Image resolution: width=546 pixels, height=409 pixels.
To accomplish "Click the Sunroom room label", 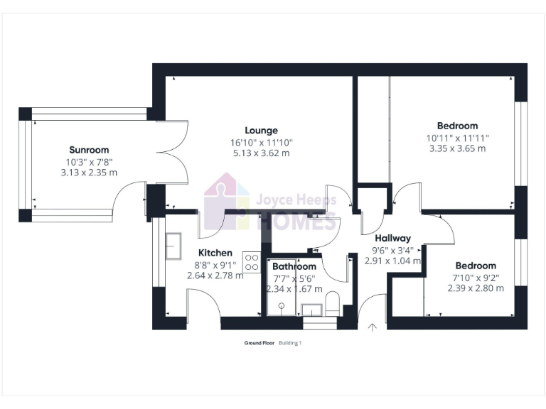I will [89, 150].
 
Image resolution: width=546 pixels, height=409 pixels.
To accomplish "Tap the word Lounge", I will [261, 131].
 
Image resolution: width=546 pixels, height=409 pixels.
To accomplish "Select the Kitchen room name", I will [215, 253].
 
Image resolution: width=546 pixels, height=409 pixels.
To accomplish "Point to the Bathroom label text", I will [294, 266].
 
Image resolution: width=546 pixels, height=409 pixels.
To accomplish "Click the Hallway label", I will [393, 239].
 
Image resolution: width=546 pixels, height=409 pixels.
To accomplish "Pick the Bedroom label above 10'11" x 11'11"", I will [457, 126].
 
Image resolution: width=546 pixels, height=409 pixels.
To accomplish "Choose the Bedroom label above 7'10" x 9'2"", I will [476, 266].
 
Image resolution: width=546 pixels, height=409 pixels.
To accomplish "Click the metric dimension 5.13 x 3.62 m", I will [261, 153].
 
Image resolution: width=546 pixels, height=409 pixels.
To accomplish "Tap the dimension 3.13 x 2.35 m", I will [89, 173].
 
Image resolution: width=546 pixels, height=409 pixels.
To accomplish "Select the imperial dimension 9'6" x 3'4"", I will [393, 250].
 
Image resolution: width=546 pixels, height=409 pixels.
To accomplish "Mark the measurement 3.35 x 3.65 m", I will [457, 148].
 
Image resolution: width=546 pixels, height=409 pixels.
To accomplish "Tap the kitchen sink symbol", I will [173, 246].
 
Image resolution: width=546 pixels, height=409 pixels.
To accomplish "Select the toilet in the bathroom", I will [332, 308].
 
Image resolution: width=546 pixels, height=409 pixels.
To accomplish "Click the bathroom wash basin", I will [311, 310].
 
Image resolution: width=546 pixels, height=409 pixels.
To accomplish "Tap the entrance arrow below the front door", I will [372, 327].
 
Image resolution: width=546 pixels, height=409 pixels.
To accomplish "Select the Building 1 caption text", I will [290, 343].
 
